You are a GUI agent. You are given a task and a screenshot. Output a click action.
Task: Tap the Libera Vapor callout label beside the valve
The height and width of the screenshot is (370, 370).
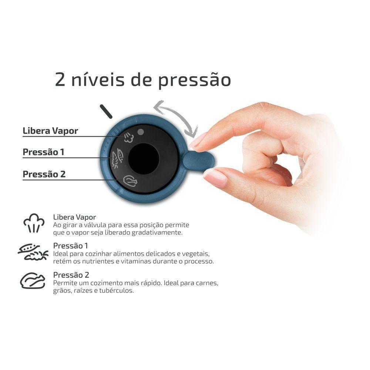pyautogui.click(x=50, y=131)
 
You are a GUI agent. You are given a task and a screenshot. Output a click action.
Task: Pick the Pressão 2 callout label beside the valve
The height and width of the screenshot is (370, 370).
pyautogui.click(x=44, y=174)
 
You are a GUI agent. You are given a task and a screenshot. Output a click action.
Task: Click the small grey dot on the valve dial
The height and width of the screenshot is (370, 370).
pyautogui.click(x=140, y=131)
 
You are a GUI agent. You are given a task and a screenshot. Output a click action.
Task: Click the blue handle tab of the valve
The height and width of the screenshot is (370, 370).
pyautogui.click(x=198, y=161)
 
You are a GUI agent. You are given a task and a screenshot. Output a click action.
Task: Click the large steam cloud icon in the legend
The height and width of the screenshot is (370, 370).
pyautogui.click(x=34, y=223)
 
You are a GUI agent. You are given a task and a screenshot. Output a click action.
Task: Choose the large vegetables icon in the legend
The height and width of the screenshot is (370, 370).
pyautogui.click(x=33, y=252)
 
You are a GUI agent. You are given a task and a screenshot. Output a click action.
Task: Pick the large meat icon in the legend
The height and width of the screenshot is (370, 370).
pyautogui.click(x=33, y=280)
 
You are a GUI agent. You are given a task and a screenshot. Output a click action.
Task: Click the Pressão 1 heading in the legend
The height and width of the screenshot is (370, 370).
pyautogui.click(x=71, y=246)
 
